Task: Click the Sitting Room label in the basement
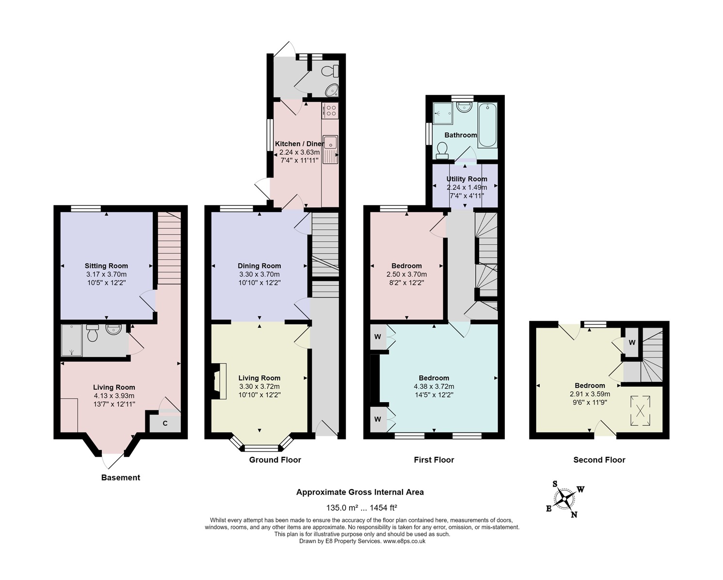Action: pyautogui.click(x=106, y=266)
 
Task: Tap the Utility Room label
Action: pyautogui.click(x=466, y=179)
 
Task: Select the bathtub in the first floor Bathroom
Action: pyautogui.click(x=487, y=125)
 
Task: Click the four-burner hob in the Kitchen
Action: pyautogui.click(x=330, y=110)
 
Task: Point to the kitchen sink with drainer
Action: pyautogui.click(x=331, y=150)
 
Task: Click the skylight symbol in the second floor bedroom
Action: pyautogui.click(x=641, y=410)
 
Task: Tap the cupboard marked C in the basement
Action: pyautogui.click(x=165, y=423)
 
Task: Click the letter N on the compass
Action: pyautogui.click(x=574, y=515)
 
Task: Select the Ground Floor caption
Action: pyautogui.click(x=275, y=460)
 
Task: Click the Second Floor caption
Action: pyautogui.click(x=599, y=460)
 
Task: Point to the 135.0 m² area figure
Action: pyautogui.click(x=341, y=507)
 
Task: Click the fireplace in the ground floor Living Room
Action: pyautogui.click(x=219, y=381)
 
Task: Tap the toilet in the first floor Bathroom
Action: pyautogui.click(x=442, y=151)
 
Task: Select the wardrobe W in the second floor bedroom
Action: pyautogui.click(x=632, y=343)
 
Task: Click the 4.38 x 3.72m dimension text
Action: pyautogui.click(x=434, y=387)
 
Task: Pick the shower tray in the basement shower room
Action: pyautogui.click(x=72, y=340)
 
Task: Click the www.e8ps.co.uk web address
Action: pyautogui.click(x=404, y=541)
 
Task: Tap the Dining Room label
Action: pyautogui.click(x=259, y=266)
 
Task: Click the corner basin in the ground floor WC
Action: pyautogui.click(x=332, y=90)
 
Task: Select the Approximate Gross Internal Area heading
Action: pyautogui.click(x=360, y=492)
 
